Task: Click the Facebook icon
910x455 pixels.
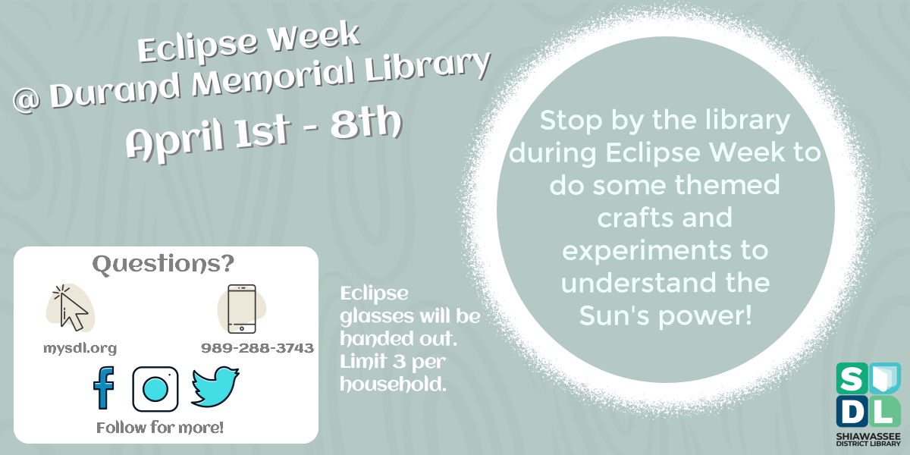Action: coord(103,388)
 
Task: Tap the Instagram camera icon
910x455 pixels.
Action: coord(155,389)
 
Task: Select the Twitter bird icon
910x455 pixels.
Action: coord(215,387)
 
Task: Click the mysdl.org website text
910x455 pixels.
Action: coord(80,348)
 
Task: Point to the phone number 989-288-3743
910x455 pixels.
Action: coord(257,348)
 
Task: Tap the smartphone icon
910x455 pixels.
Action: coord(242,309)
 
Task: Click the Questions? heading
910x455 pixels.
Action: coord(163,265)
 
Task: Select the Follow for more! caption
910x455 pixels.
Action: coord(160,428)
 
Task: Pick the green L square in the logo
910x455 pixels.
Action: coord(884,410)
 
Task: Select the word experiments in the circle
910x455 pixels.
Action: coord(664,249)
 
